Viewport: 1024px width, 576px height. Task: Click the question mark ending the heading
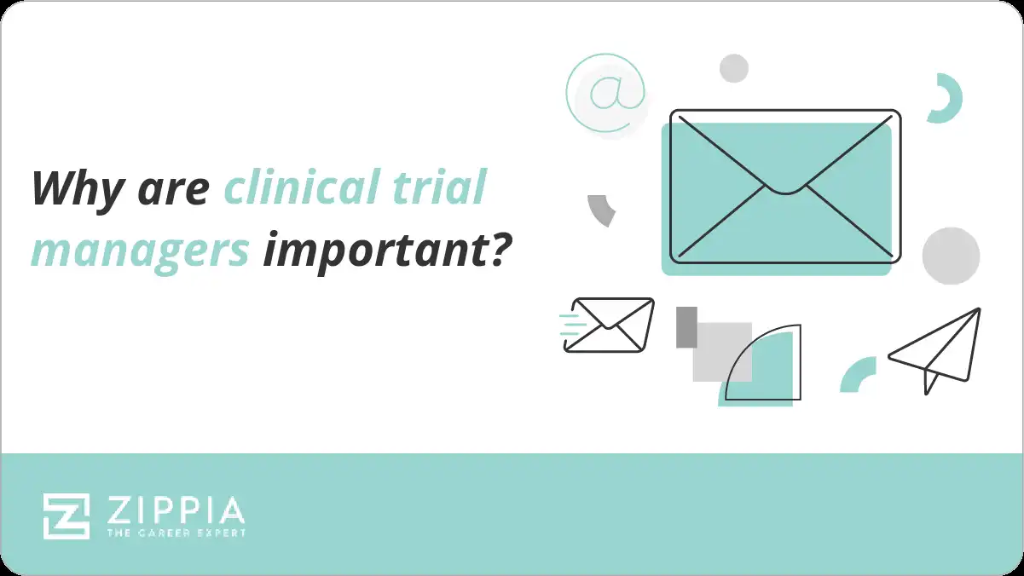[x=500, y=247]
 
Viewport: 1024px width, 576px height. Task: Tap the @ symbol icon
[x=605, y=93]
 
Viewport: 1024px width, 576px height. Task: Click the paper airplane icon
[x=936, y=349]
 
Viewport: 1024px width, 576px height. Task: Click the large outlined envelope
[x=784, y=186]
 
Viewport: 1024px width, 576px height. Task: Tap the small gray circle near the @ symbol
[x=733, y=68]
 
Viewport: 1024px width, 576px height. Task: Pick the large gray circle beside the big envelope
[x=951, y=256]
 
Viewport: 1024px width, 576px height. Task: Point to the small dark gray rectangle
[x=686, y=327]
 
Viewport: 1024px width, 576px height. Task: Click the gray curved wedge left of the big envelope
[x=602, y=210]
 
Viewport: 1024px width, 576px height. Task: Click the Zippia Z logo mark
[x=67, y=516]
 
